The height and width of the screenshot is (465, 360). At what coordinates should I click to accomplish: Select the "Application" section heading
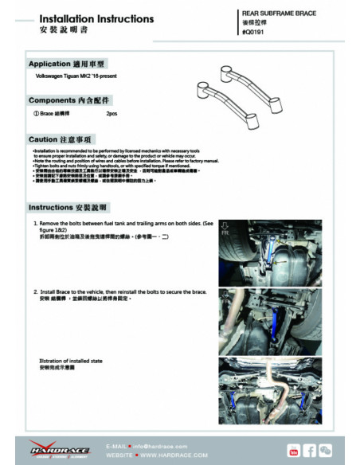(x=66, y=63)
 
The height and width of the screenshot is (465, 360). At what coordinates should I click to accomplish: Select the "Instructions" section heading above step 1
(x=68, y=206)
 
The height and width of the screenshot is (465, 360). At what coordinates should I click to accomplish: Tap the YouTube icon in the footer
(x=294, y=451)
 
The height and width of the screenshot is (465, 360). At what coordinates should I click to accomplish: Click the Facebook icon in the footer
(x=309, y=451)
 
